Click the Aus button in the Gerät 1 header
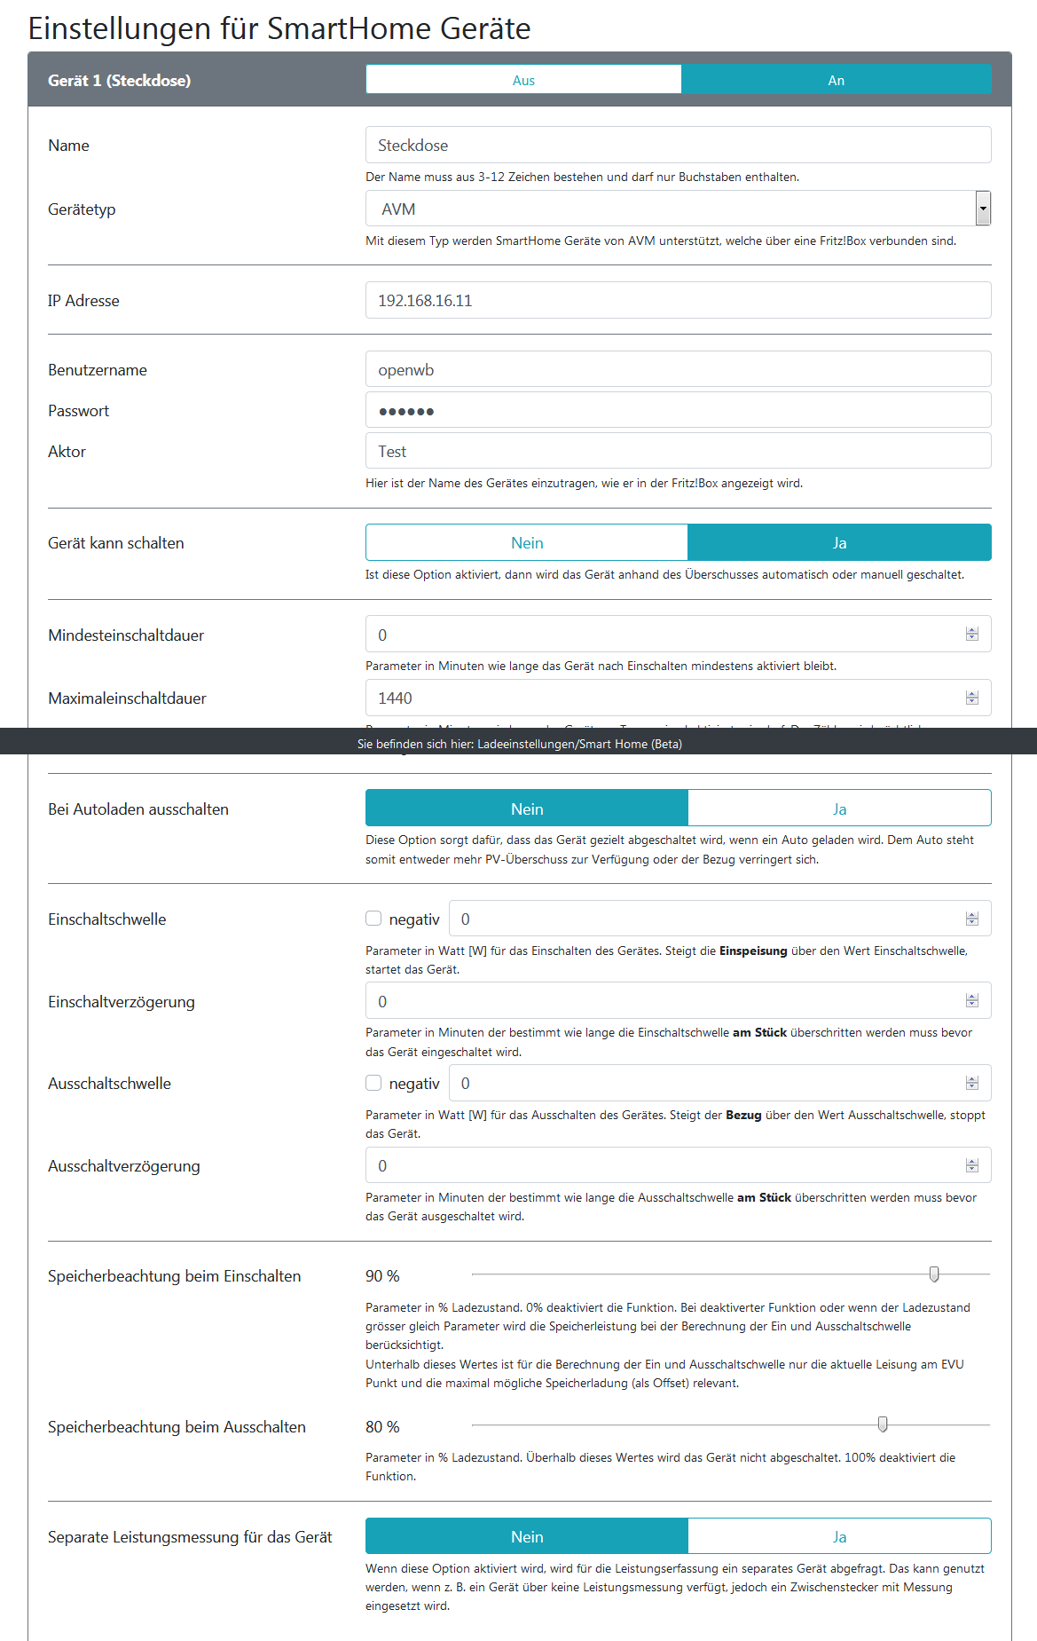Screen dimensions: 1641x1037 (523, 80)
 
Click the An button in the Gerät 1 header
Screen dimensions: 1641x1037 (836, 80)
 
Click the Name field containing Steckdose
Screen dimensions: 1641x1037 (678, 146)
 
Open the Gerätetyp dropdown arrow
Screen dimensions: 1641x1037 (982, 209)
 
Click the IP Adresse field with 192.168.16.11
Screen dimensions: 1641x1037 (678, 301)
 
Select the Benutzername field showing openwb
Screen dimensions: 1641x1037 (678, 370)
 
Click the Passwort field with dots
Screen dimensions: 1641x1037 (678, 411)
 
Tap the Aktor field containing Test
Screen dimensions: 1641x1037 (678, 452)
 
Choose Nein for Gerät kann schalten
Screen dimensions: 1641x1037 (527, 543)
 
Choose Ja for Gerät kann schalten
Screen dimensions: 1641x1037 (839, 543)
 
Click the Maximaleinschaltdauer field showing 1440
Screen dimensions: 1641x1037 (665, 698)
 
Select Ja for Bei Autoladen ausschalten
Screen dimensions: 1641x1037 (839, 809)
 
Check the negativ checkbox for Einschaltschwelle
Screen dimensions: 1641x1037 (373, 919)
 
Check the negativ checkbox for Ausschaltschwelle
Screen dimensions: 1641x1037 (373, 1083)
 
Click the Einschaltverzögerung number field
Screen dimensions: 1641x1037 (665, 1002)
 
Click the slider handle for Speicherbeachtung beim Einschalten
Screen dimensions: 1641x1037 (934, 1274)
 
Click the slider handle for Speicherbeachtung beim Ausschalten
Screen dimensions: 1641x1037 (883, 1424)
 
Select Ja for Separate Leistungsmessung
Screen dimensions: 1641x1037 (839, 1537)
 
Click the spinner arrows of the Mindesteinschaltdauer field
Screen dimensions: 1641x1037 (972, 635)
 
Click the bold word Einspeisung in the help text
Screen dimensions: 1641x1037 (753, 951)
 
